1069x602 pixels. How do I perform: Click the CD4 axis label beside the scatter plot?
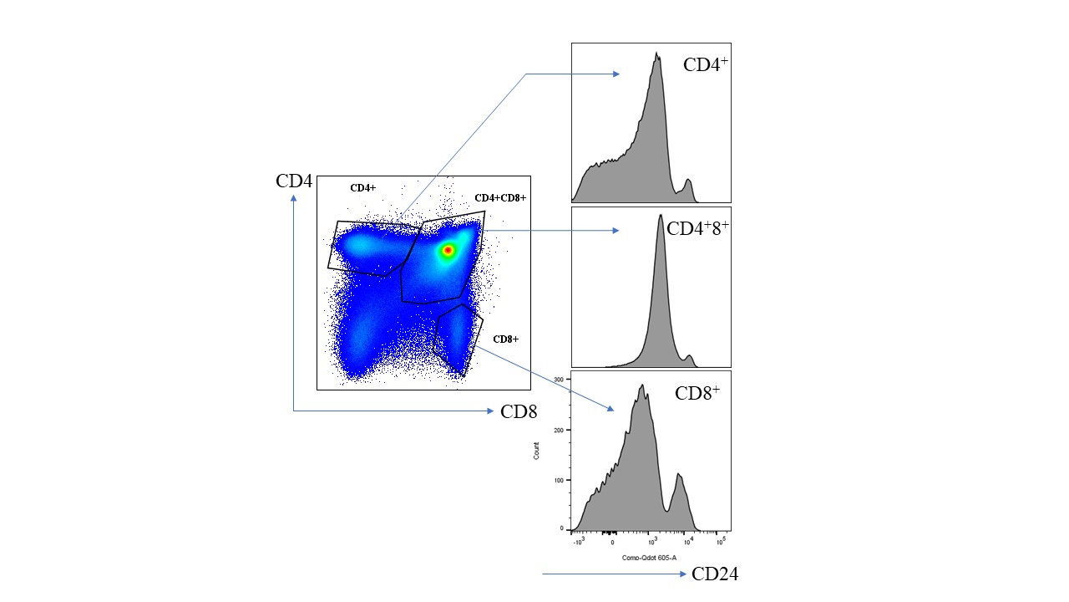tap(294, 181)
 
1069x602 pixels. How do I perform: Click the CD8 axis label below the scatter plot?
tap(518, 411)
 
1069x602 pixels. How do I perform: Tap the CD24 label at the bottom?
tap(714, 574)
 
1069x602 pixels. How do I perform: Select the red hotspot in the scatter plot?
tap(448, 249)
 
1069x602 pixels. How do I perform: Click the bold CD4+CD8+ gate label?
tap(500, 198)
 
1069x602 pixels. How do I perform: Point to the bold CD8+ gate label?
tap(506, 339)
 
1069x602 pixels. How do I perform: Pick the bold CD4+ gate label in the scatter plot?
tap(362, 188)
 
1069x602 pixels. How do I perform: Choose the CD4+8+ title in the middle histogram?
tap(697, 227)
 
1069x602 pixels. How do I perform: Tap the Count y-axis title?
tap(536, 451)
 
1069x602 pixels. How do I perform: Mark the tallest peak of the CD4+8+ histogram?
tap(661, 216)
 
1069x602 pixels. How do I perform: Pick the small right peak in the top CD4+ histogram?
tap(688, 180)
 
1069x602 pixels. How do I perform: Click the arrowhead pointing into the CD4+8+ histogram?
tap(616, 230)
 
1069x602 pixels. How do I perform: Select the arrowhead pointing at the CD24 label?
tap(684, 574)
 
